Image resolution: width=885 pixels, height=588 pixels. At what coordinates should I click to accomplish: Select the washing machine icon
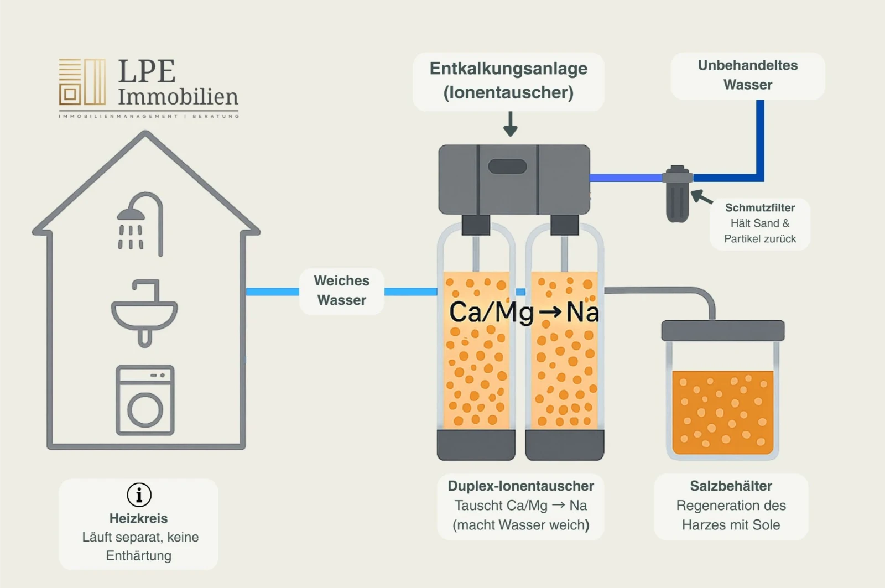click(145, 400)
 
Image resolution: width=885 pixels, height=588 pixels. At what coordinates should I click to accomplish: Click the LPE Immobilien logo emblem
click(82, 82)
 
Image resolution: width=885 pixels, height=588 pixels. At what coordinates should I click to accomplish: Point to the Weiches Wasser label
click(341, 290)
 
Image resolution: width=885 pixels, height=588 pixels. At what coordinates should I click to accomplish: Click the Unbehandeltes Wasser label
click(747, 75)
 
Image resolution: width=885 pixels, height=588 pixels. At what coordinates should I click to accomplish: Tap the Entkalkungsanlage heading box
click(508, 81)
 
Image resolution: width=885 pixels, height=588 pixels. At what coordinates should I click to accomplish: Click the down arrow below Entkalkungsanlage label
click(510, 125)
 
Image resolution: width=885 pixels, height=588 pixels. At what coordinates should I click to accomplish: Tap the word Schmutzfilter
click(759, 208)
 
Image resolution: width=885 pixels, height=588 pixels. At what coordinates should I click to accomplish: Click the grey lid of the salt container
click(722, 331)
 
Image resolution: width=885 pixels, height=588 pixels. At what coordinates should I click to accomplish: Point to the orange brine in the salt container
click(722, 412)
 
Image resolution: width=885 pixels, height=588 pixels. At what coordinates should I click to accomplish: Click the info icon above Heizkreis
click(139, 495)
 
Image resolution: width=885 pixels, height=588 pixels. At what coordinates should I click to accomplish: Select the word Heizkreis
click(138, 518)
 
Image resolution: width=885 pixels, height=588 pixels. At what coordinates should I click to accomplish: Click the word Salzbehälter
click(731, 486)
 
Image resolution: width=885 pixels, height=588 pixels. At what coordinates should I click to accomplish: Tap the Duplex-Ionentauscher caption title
click(520, 486)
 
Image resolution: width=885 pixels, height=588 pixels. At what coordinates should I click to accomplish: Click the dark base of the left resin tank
click(476, 445)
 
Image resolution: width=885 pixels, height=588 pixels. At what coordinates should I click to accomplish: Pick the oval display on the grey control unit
click(507, 166)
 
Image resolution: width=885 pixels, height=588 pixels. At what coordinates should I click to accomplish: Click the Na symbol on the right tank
click(582, 313)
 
